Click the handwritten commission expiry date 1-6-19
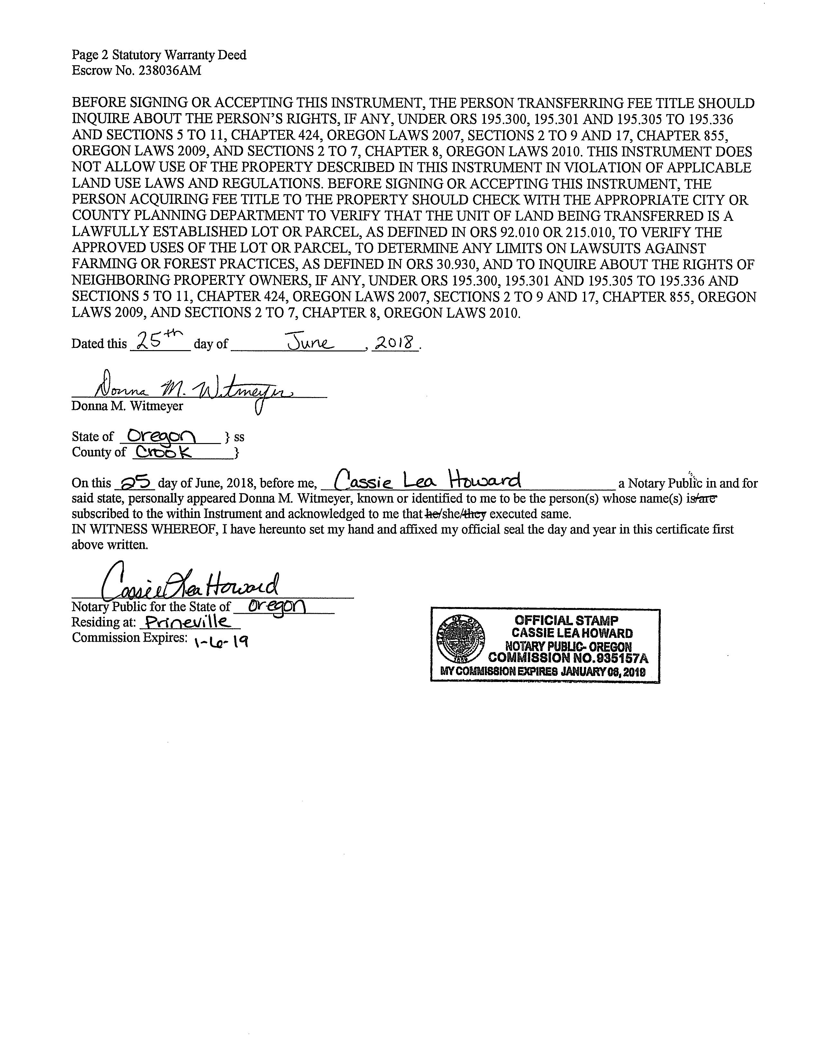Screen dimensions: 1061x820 coord(221,642)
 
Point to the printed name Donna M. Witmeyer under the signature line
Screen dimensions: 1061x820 coord(127,406)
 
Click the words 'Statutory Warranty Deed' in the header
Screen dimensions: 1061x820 coord(179,55)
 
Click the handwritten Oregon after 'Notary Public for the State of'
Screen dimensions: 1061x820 coord(277,606)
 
